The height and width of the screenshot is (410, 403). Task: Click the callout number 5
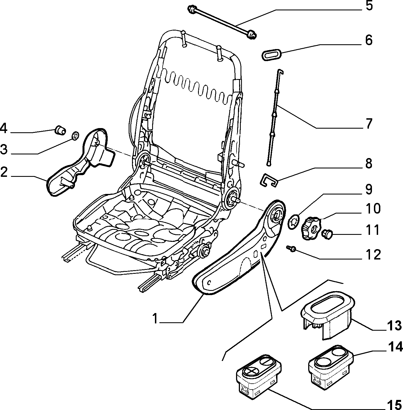coord(369,6)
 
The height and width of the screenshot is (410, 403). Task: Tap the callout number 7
coord(369,124)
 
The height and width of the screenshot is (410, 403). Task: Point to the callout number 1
coord(155,319)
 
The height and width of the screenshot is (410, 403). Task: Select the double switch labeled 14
coord(331,367)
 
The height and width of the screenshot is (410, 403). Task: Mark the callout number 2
coord(4,172)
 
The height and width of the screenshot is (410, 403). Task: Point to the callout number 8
coord(369,163)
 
